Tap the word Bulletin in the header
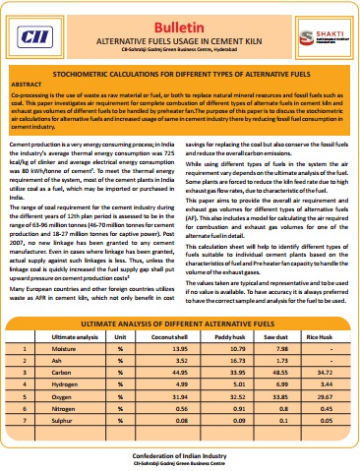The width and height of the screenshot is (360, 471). [x=179, y=19]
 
